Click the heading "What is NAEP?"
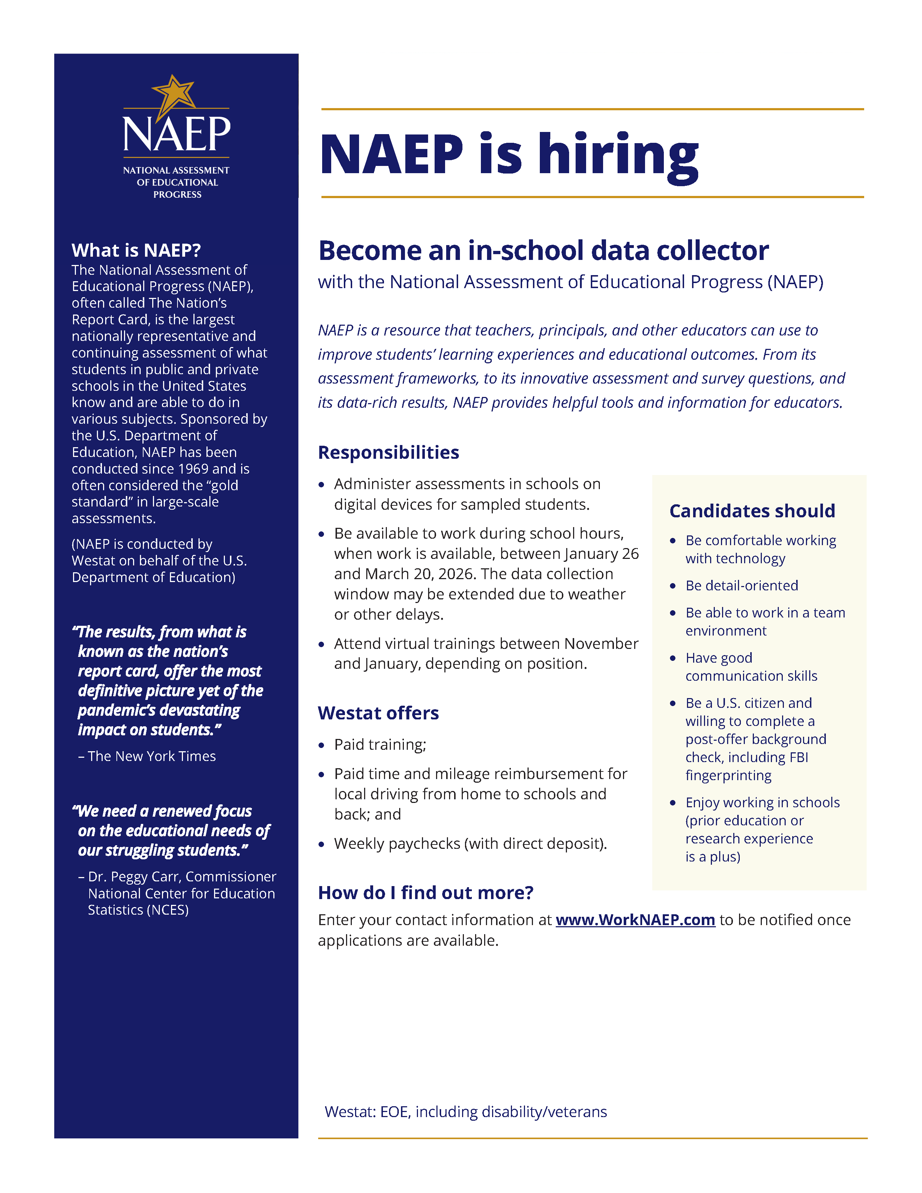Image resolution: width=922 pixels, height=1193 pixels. click(x=136, y=250)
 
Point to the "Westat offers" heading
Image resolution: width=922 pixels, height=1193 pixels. click(x=378, y=713)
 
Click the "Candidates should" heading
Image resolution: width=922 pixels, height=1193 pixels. click(x=752, y=511)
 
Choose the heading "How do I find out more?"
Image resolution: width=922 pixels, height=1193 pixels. click(x=426, y=893)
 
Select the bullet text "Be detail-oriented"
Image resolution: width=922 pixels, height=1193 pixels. click(x=742, y=586)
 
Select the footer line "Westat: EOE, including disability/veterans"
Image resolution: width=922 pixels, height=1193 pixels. click(x=465, y=1112)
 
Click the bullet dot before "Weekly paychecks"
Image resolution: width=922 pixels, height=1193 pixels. click(x=322, y=844)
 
